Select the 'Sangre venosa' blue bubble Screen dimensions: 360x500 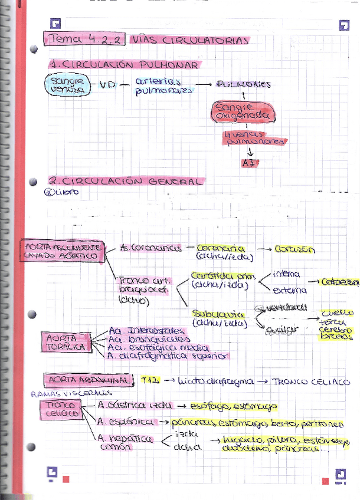coord(66,85)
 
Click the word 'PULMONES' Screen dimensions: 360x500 coord(244,84)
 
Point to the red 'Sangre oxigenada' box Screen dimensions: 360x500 coord(243,112)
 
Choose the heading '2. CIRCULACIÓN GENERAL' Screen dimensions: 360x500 coord(126,182)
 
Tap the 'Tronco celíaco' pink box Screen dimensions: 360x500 coord(60,409)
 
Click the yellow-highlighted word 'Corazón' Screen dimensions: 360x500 coord(295,249)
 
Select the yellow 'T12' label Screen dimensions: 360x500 coord(149,380)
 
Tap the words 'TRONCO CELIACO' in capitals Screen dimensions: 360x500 coord(312,381)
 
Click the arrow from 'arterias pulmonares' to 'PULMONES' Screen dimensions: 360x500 coord(204,84)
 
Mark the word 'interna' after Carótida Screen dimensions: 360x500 coord(287,274)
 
